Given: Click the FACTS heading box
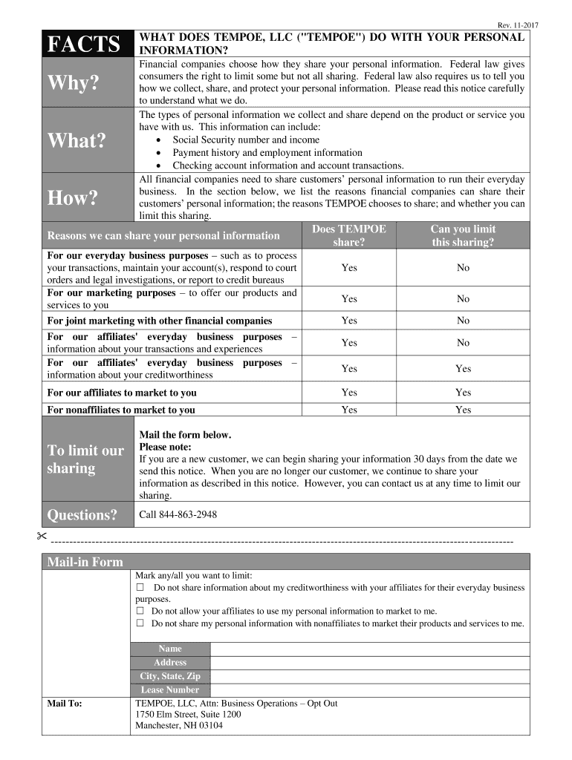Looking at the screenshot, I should coord(84,44).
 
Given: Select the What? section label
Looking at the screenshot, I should coord(77,140).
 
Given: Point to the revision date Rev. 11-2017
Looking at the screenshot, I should coord(517,24).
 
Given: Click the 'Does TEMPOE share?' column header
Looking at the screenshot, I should coord(349,235).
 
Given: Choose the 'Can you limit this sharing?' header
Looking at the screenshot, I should coord(463,235).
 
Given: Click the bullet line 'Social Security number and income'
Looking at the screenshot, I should coord(246,140).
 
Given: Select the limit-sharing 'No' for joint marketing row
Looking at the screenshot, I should coord(463,321).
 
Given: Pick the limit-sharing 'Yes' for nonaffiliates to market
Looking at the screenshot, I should coord(463,410).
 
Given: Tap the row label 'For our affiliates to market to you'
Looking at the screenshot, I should coord(122,393).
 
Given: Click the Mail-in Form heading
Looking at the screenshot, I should coord(85,562).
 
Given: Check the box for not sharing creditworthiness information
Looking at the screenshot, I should coord(140,588).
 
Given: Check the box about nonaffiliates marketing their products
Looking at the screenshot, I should coord(140,623).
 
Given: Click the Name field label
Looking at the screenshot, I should coord(170,649).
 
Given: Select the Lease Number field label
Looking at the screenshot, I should coord(170,689).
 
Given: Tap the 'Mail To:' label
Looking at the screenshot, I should coord(65,702).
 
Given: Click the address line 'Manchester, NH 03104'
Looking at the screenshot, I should coord(179,725).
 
